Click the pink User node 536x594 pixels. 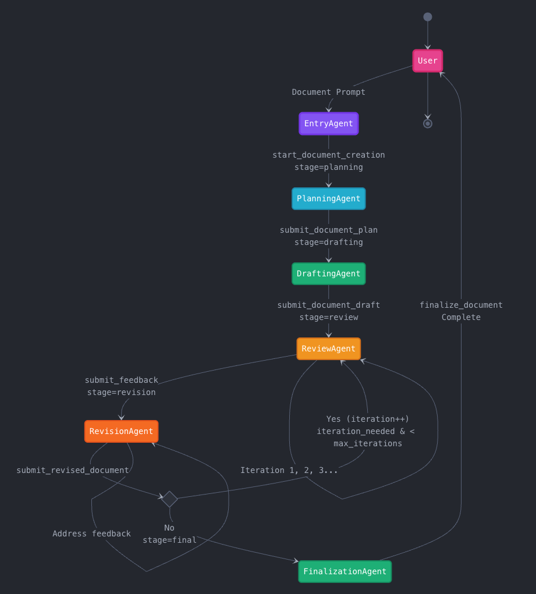427,61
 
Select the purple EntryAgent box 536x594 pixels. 328,123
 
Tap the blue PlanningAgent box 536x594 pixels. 328,198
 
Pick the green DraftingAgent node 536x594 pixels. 328,273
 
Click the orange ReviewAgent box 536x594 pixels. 328,348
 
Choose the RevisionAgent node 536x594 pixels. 121,431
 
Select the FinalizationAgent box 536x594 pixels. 345,571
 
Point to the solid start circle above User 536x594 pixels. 427,17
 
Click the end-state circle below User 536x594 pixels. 427,123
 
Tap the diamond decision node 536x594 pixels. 169,499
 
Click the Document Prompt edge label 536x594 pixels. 328,92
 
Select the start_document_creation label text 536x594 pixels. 328,155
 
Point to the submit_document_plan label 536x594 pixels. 328,230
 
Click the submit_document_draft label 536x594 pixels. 328,305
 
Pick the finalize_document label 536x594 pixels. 461,305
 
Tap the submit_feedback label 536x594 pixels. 121,380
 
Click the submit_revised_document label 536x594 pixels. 73,470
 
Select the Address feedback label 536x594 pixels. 91,533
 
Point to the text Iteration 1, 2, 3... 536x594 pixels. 289,470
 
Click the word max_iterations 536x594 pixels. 367,443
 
